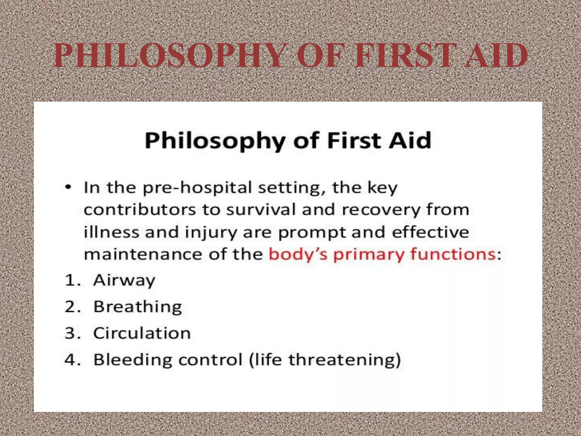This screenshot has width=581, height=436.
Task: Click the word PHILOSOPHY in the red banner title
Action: coord(170,56)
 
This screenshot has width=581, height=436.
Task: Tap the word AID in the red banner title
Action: coord(496,56)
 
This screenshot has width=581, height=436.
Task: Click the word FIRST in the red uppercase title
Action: coord(405,56)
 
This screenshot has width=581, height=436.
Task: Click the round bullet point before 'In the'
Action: coord(68,188)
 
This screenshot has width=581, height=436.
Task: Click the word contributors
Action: coord(140,210)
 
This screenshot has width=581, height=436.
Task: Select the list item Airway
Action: coord(124,281)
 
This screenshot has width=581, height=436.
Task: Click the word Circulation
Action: coord(142,333)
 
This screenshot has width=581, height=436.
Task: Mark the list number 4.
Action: coord(70,360)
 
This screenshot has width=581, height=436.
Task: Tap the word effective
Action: coord(431,232)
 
